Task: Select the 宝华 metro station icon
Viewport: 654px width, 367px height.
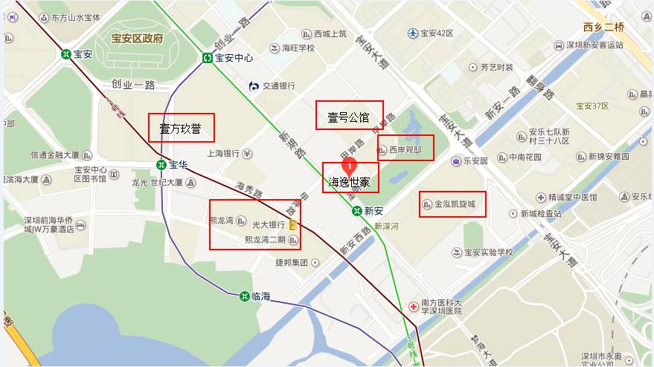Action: [161, 164]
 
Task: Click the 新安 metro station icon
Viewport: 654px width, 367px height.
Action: [357, 211]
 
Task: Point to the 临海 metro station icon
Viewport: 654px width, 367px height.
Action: [244, 296]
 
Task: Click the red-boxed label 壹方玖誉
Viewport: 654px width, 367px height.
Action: [181, 128]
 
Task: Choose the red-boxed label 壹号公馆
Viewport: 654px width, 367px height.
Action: [349, 115]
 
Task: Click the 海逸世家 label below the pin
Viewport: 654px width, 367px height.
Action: [350, 181]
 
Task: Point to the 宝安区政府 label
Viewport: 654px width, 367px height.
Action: [137, 38]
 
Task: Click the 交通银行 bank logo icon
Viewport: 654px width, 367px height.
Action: [254, 86]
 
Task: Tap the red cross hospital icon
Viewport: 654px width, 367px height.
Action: [413, 306]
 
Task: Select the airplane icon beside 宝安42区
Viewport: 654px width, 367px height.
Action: [412, 33]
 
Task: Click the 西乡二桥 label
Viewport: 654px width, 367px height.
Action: [603, 27]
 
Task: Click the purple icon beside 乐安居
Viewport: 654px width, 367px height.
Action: [455, 160]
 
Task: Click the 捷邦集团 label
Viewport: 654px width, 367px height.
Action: [291, 262]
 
